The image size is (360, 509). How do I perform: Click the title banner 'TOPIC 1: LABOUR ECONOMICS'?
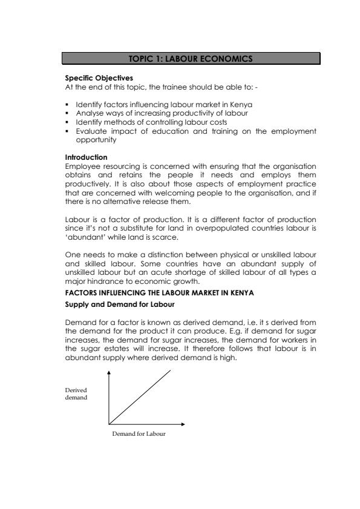tap(191, 59)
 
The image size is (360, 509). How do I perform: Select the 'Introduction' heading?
tap(82, 157)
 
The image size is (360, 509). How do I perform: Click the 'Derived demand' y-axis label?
tap(76, 395)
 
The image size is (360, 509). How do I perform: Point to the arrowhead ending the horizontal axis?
tap(183, 424)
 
